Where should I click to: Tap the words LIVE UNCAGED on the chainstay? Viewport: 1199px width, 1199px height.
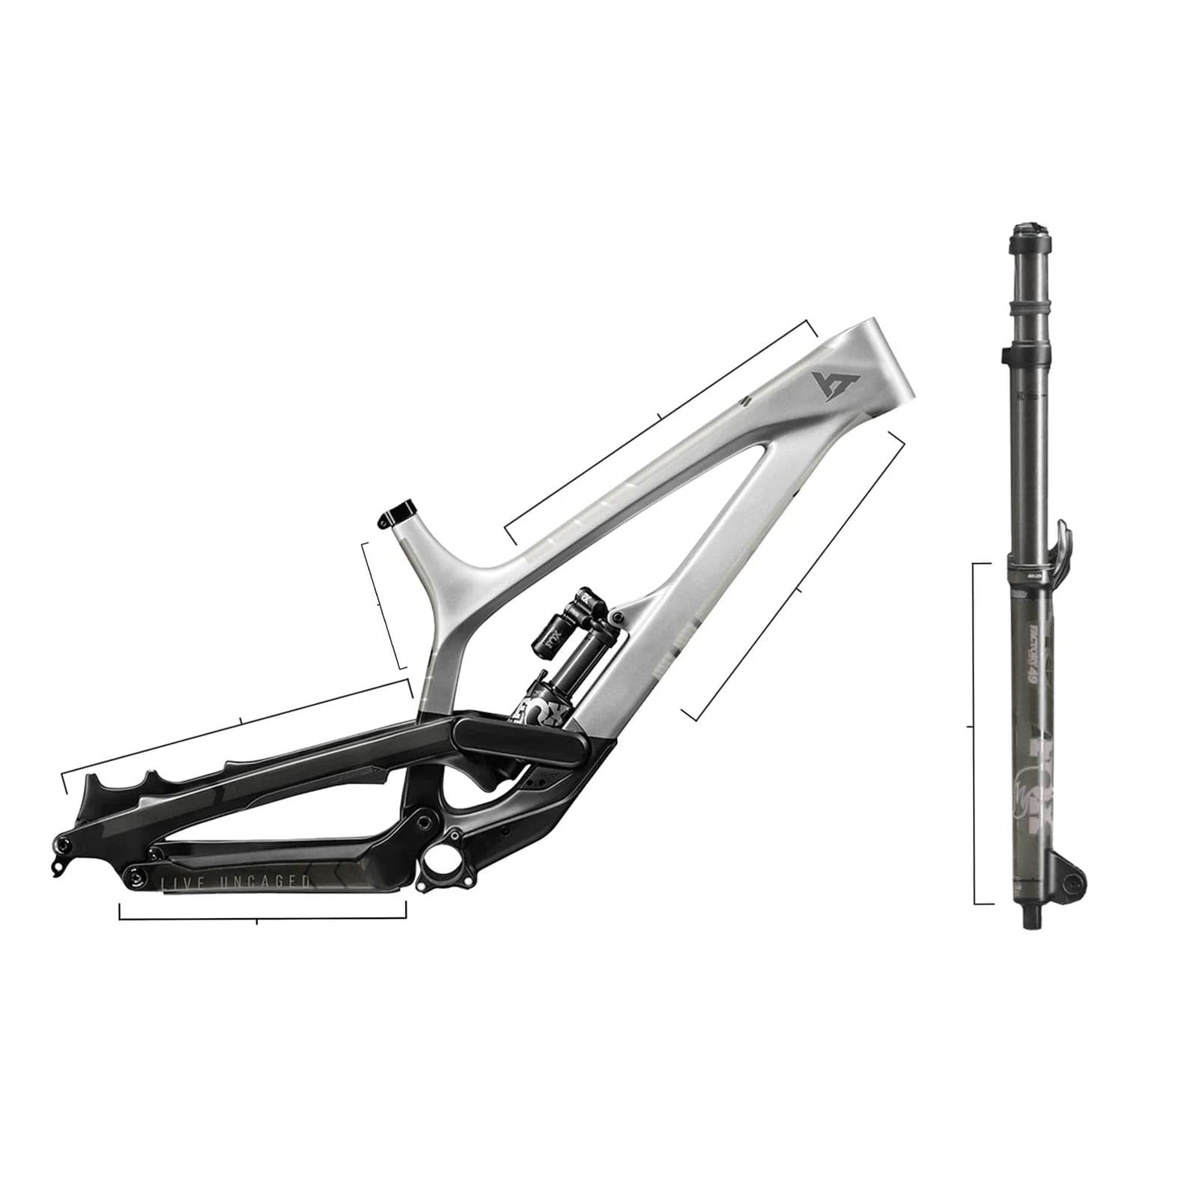coord(236,883)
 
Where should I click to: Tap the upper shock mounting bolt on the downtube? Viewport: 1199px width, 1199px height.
coord(616,616)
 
